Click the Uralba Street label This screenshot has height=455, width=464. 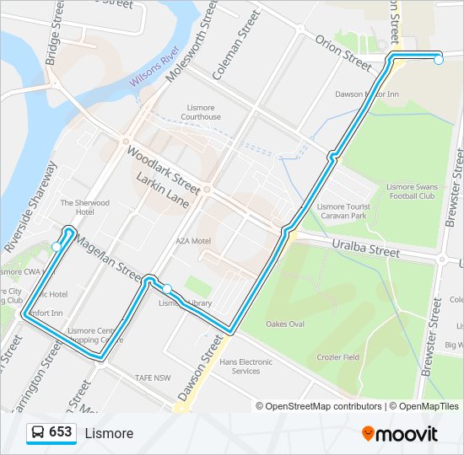tap(366, 247)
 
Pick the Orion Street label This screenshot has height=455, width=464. tap(343, 52)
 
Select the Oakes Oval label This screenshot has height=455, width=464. tap(285, 324)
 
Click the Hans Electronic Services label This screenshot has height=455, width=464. tap(245, 367)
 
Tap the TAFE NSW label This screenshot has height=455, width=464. tap(154, 378)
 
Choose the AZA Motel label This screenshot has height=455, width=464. tap(193, 240)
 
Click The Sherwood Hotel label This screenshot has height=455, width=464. tap(85, 207)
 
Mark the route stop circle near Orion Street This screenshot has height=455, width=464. tap(438, 59)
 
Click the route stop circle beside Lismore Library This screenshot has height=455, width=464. tap(167, 288)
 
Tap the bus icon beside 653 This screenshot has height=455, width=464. tap(37, 433)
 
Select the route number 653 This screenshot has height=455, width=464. tap(61, 432)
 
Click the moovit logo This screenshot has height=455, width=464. tap(400, 434)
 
